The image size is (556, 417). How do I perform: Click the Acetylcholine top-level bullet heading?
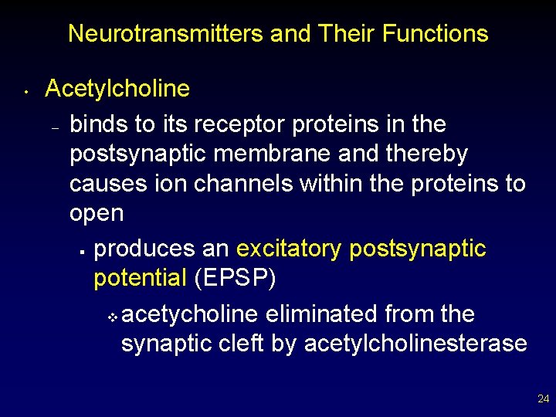coord(117,89)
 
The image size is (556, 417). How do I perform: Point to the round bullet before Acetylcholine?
coord(25,93)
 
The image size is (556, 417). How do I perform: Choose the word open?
coord(96,213)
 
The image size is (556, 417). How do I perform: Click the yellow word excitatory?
coord(290,249)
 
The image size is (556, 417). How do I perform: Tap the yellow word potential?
coord(140,278)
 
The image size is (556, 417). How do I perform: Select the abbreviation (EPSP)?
coord(235,278)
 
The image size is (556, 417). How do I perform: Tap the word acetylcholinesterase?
coord(415,344)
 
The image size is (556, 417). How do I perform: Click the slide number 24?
coord(543,399)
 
